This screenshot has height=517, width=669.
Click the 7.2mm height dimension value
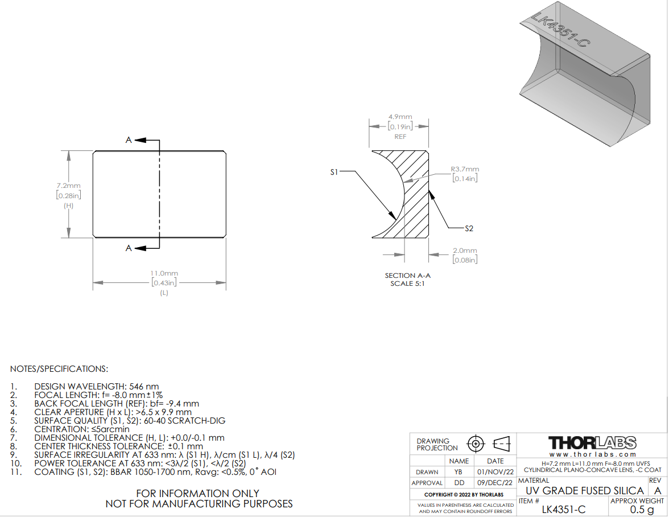tap(68, 186)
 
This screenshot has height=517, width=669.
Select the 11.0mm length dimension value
tap(164, 273)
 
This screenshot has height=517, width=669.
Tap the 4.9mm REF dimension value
tap(400, 117)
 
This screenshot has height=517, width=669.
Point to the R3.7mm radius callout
tap(465, 169)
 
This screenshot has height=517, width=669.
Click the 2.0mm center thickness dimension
tap(465, 251)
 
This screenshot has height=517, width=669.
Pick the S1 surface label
tap(334, 172)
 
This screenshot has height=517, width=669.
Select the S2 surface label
tap(469, 228)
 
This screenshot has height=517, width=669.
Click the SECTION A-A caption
tap(407, 276)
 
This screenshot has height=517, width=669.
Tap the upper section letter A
tap(129, 140)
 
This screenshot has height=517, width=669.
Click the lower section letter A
tap(129, 248)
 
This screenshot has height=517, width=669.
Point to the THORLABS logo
tap(592, 443)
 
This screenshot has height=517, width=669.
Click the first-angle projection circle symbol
tap(476, 444)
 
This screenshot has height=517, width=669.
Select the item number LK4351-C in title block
tap(564, 510)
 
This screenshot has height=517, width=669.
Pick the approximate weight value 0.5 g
tap(642, 510)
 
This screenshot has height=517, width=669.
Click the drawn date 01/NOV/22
tap(495, 472)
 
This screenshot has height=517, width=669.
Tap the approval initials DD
tap(459, 483)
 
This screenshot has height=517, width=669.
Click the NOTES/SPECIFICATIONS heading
tap(59, 369)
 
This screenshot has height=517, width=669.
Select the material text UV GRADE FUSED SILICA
tap(585, 491)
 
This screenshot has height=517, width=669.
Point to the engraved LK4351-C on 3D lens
tap(561, 30)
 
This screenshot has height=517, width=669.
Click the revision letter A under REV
tap(658, 491)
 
